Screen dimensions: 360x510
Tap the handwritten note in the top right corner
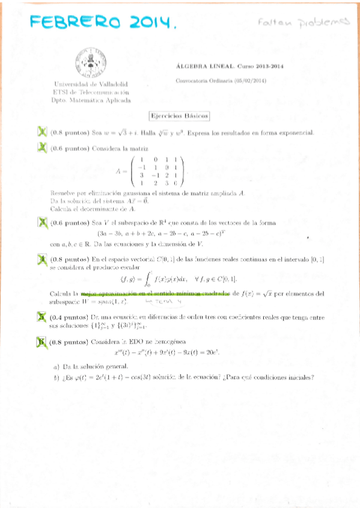tap(303, 22)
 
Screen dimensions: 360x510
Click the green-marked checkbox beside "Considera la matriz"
tap(42, 147)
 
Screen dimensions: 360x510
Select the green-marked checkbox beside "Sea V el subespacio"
tap(42, 223)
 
